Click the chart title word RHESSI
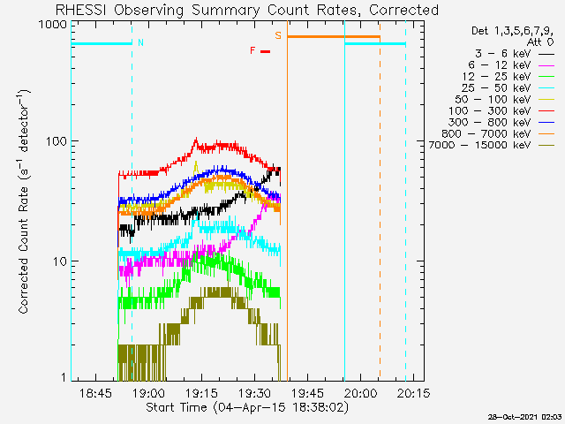tap(81, 10)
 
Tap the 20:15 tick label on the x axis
tap(413, 392)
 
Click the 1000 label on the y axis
tap(53, 24)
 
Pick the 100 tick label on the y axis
tap(56, 141)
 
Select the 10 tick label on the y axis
tap(60, 261)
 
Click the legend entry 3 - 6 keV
tap(502, 54)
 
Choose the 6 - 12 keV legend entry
tap(500, 65)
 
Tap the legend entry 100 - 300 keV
tap(489, 111)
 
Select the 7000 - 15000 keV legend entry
tap(479, 145)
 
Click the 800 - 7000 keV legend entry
tap(486, 133)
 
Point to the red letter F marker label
tap(252, 50)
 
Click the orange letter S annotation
tap(278, 35)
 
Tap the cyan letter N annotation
tap(140, 42)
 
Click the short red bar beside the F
tap(265, 51)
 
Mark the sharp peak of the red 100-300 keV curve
tap(196, 138)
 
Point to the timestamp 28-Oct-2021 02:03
tap(524, 417)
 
